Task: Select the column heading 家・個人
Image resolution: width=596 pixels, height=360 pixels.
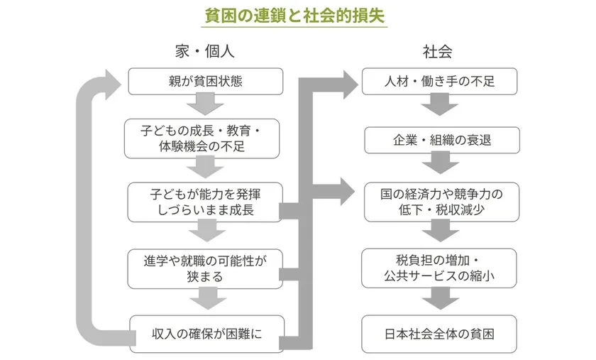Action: (x=204, y=52)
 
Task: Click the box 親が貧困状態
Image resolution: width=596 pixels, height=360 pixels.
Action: (x=206, y=81)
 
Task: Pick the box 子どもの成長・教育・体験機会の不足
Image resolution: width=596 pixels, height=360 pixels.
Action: (x=206, y=138)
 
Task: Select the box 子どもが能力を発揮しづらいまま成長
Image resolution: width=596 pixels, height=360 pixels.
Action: (x=206, y=201)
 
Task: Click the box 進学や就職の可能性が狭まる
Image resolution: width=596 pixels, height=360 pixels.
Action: (x=206, y=268)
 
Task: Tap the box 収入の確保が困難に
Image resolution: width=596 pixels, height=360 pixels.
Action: (x=206, y=333)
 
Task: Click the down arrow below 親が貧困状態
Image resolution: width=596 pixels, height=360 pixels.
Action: (x=206, y=106)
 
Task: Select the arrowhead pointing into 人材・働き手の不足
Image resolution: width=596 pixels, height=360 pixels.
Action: (x=348, y=82)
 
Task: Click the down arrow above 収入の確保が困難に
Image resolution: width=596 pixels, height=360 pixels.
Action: (x=206, y=299)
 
